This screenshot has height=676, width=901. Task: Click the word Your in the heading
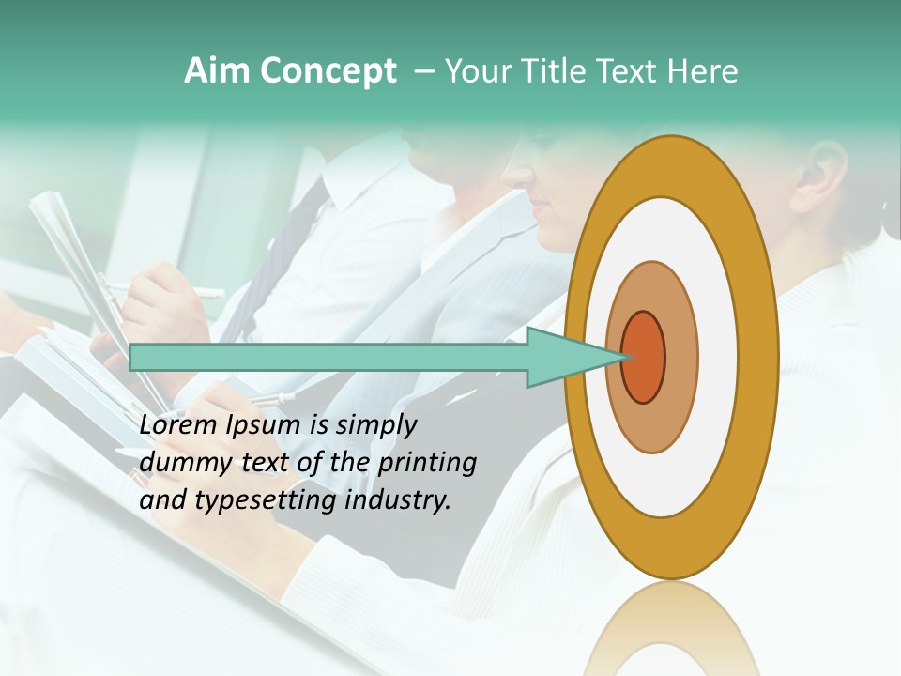pos(478,71)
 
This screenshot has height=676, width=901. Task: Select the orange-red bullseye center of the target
pos(643,358)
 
